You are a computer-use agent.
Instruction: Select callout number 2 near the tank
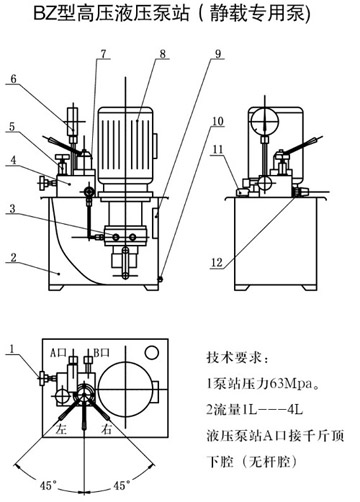[12, 257]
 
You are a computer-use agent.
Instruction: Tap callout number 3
[12, 208]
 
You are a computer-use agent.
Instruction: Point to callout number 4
[12, 159]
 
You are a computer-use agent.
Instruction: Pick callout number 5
[12, 127]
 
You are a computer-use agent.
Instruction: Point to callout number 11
[217, 150]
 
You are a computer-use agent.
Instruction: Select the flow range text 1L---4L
[269, 409]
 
